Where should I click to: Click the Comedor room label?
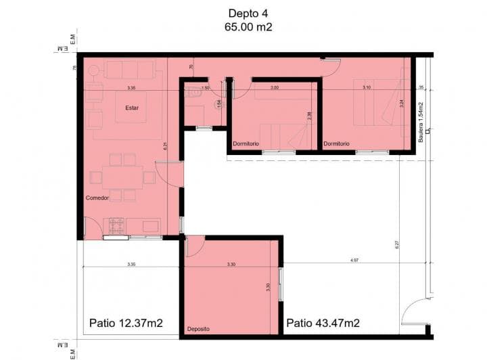[97, 198]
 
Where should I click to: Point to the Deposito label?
[198, 330]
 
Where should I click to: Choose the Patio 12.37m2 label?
[126, 322]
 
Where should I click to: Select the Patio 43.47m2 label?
[323, 322]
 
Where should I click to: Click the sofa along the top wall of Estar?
[131, 70]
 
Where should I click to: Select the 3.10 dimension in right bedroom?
[366, 87]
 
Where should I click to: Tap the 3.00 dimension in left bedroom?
[275, 87]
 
